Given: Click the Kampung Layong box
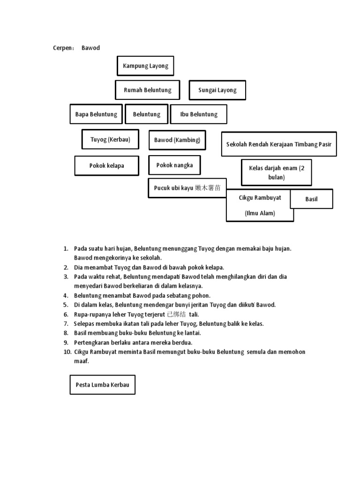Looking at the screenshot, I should pos(145,66).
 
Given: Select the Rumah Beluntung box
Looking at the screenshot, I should pos(147,90).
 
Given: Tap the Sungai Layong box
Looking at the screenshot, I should pos(217,90).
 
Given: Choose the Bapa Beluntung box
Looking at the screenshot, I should pos(96,114).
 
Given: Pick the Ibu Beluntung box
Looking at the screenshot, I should pos(199,114).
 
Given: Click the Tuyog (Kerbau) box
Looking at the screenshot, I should pos(110,139).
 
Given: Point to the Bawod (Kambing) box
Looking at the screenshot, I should pos(177,140).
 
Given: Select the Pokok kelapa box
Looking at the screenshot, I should pos(106,165).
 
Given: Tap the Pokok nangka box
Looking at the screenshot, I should pos(174,165).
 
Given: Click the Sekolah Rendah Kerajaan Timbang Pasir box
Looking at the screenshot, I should pos(278,144).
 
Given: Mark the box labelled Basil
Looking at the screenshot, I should pos(311,199).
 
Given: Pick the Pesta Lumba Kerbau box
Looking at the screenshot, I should pos(102,384).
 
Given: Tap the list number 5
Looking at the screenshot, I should pos(66,305).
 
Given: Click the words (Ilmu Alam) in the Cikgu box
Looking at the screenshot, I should pos(260,213).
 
